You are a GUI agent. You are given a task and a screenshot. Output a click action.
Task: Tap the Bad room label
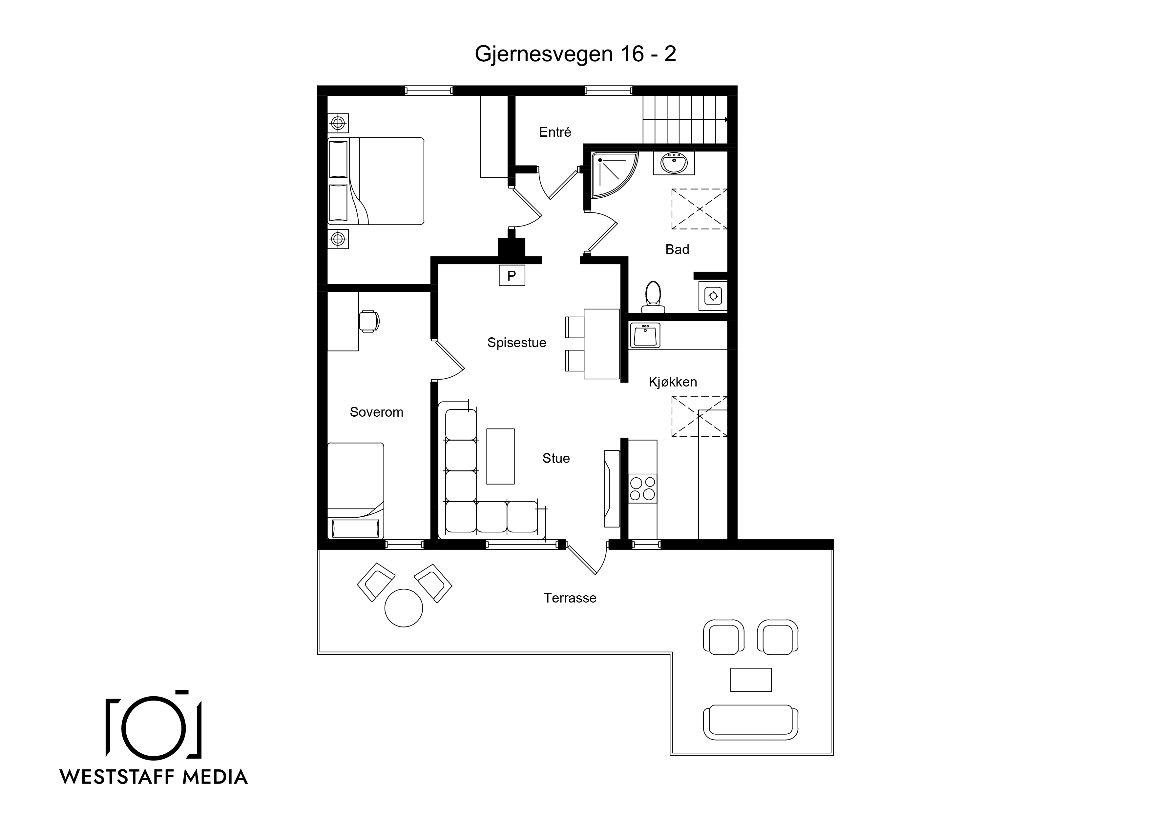pyautogui.click(x=677, y=249)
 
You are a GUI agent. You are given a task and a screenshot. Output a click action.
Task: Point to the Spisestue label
pyautogui.click(x=517, y=343)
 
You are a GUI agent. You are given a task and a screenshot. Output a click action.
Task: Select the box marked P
pyautogui.click(x=512, y=275)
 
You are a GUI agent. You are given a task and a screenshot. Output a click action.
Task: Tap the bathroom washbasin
pyautogui.click(x=674, y=163)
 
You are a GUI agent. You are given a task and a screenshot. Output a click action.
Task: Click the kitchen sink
pyautogui.click(x=645, y=335)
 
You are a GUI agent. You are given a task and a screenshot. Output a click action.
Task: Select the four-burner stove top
pyautogui.click(x=643, y=488)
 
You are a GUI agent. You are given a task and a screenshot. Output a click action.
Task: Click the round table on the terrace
pyautogui.click(x=404, y=608)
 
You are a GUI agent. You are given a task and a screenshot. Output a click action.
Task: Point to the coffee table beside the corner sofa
pyautogui.click(x=500, y=456)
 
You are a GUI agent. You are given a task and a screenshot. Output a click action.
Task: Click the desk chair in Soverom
pyautogui.click(x=369, y=321)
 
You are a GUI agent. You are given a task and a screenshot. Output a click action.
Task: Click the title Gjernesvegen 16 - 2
pyautogui.click(x=575, y=54)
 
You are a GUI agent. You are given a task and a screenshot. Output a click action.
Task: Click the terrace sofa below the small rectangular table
pyautogui.click(x=750, y=722)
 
